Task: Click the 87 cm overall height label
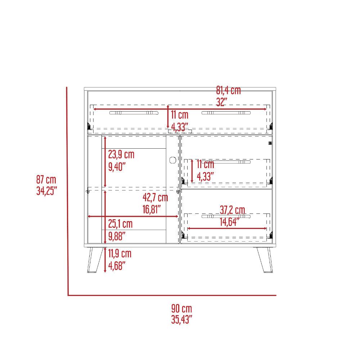tap(46, 180)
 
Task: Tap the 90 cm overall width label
tap(181, 309)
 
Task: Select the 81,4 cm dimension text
tap(229, 90)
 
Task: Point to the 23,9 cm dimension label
tap(121, 154)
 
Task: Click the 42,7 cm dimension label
tap(156, 198)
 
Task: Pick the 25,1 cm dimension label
tap(120, 224)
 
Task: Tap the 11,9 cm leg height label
tap(120, 254)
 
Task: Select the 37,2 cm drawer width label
tap(233, 210)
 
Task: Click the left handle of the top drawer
tap(134, 113)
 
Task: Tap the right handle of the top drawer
tap(226, 113)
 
